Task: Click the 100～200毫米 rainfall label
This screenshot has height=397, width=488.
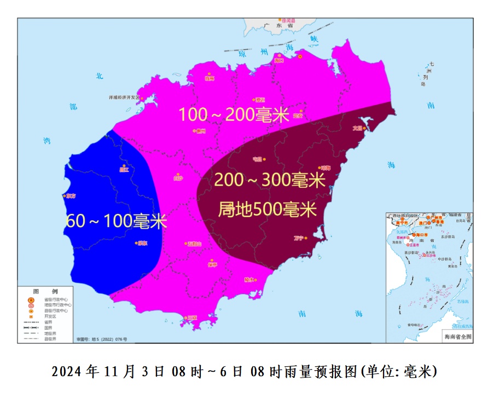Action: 234,114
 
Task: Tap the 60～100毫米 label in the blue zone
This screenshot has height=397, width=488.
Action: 116,221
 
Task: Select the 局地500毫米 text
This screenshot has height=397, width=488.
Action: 268,209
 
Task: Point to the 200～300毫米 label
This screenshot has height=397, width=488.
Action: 269,180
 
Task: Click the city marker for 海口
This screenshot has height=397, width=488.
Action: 300,56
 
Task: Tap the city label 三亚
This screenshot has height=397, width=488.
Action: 192,318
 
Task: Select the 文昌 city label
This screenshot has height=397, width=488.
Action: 358,128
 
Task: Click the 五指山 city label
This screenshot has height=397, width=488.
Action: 194,244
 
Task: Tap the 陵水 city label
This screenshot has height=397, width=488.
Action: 249,279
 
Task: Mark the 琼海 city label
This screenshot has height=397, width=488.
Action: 326,168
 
